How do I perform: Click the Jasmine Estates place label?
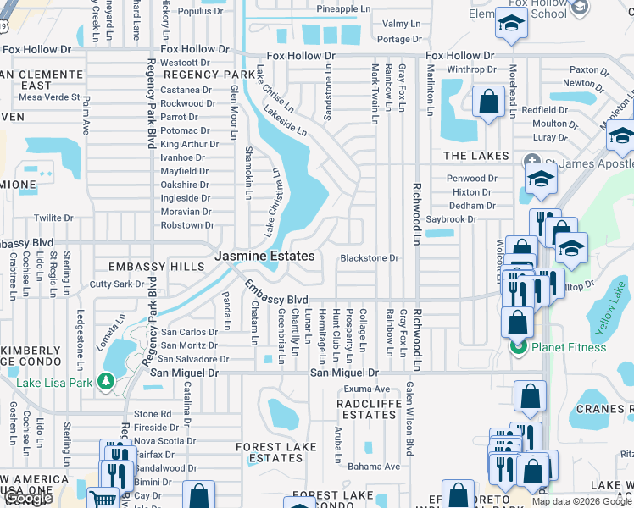click(x=264, y=256)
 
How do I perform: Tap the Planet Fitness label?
click(x=569, y=347)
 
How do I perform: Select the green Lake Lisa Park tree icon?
click(x=106, y=382)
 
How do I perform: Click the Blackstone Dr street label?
click(x=369, y=258)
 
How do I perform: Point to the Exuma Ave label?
click(x=366, y=389)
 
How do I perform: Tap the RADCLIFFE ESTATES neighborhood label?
click(x=366, y=410)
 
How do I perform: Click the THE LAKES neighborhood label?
click(x=476, y=156)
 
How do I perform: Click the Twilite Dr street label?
click(x=53, y=218)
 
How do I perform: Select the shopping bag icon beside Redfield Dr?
click(x=488, y=102)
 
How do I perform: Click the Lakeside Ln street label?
click(x=285, y=122)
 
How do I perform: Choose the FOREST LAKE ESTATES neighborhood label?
click(x=270, y=452)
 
